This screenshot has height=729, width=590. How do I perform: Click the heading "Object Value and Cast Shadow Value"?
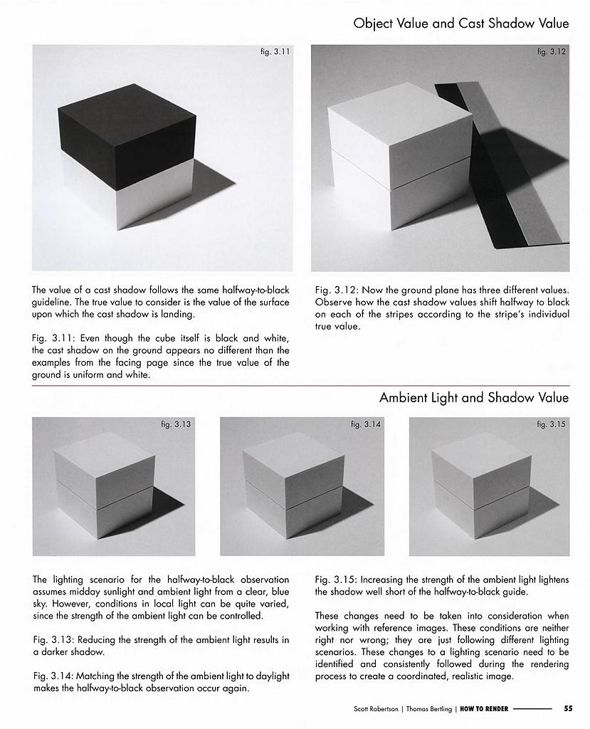click(x=460, y=23)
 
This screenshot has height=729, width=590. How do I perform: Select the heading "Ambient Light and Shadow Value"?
click(x=474, y=398)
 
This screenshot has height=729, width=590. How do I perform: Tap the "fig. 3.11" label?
click(x=275, y=51)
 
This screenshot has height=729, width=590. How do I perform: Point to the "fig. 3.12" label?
click(x=552, y=51)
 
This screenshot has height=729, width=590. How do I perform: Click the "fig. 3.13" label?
click(x=176, y=424)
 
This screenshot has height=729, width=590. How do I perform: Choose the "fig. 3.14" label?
click(x=366, y=424)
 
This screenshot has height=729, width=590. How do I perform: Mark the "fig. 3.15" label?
click(x=552, y=424)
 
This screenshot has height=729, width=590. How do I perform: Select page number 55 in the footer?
click(x=568, y=708)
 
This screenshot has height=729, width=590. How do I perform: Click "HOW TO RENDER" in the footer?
click(x=484, y=708)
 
